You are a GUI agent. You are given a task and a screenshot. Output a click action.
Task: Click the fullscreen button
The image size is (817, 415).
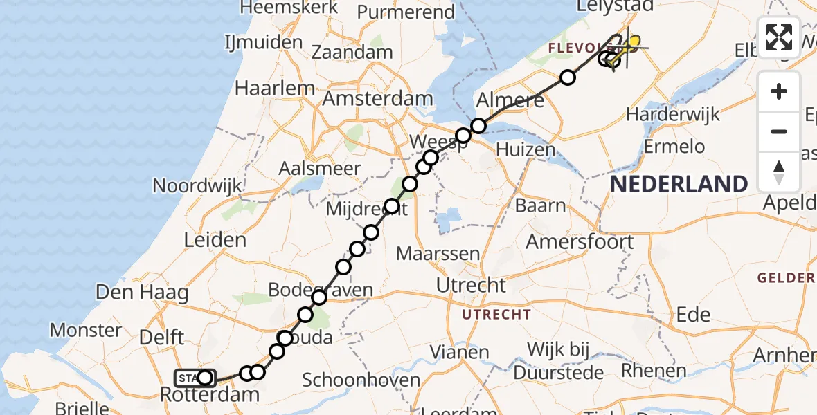(x=779, y=37)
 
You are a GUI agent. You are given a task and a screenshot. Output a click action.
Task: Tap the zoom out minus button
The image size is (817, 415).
(x=779, y=131)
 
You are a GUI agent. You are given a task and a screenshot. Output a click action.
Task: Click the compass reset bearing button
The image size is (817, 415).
(x=779, y=171)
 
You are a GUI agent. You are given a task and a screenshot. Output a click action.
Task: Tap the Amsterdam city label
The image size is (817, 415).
(x=378, y=99)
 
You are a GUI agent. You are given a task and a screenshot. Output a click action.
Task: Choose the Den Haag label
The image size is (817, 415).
(x=142, y=292)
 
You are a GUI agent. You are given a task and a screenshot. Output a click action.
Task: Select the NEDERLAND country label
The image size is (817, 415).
(x=679, y=184)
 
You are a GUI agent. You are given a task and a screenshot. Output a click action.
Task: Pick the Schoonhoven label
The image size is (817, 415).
(x=361, y=380)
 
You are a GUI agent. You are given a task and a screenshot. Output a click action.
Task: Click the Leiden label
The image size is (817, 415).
(x=215, y=240)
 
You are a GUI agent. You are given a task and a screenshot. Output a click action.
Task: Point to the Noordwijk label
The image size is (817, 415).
(x=197, y=185)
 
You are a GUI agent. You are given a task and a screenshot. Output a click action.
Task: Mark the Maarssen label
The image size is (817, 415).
(x=438, y=253)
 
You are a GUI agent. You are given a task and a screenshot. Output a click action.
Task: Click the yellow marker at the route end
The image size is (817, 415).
(x=633, y=41)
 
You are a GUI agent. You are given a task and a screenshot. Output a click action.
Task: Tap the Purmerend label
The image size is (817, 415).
(x=406, y=12)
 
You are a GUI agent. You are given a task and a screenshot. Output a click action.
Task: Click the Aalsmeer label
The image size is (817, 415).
(x=319, y=168)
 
